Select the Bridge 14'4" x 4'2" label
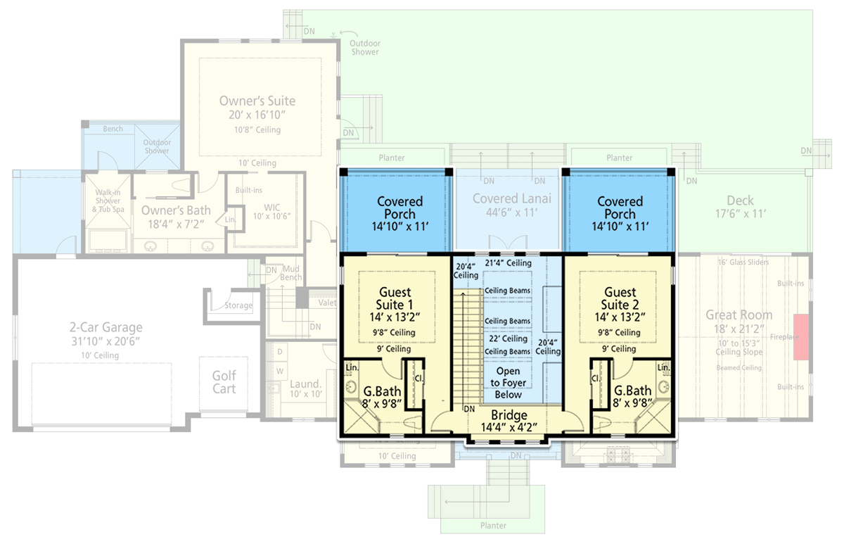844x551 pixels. click(x=509, y=421)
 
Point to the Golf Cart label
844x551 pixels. click(x=224, y=382)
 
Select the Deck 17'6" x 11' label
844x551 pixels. click(x=740, y=206)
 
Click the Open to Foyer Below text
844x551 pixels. click(x=508, y=383)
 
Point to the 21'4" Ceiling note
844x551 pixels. click(x=508, y=263)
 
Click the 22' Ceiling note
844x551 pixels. click(x=508, y=338)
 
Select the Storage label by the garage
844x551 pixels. click(x=238, y=305)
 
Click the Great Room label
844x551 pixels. click(x=738, y=315)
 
